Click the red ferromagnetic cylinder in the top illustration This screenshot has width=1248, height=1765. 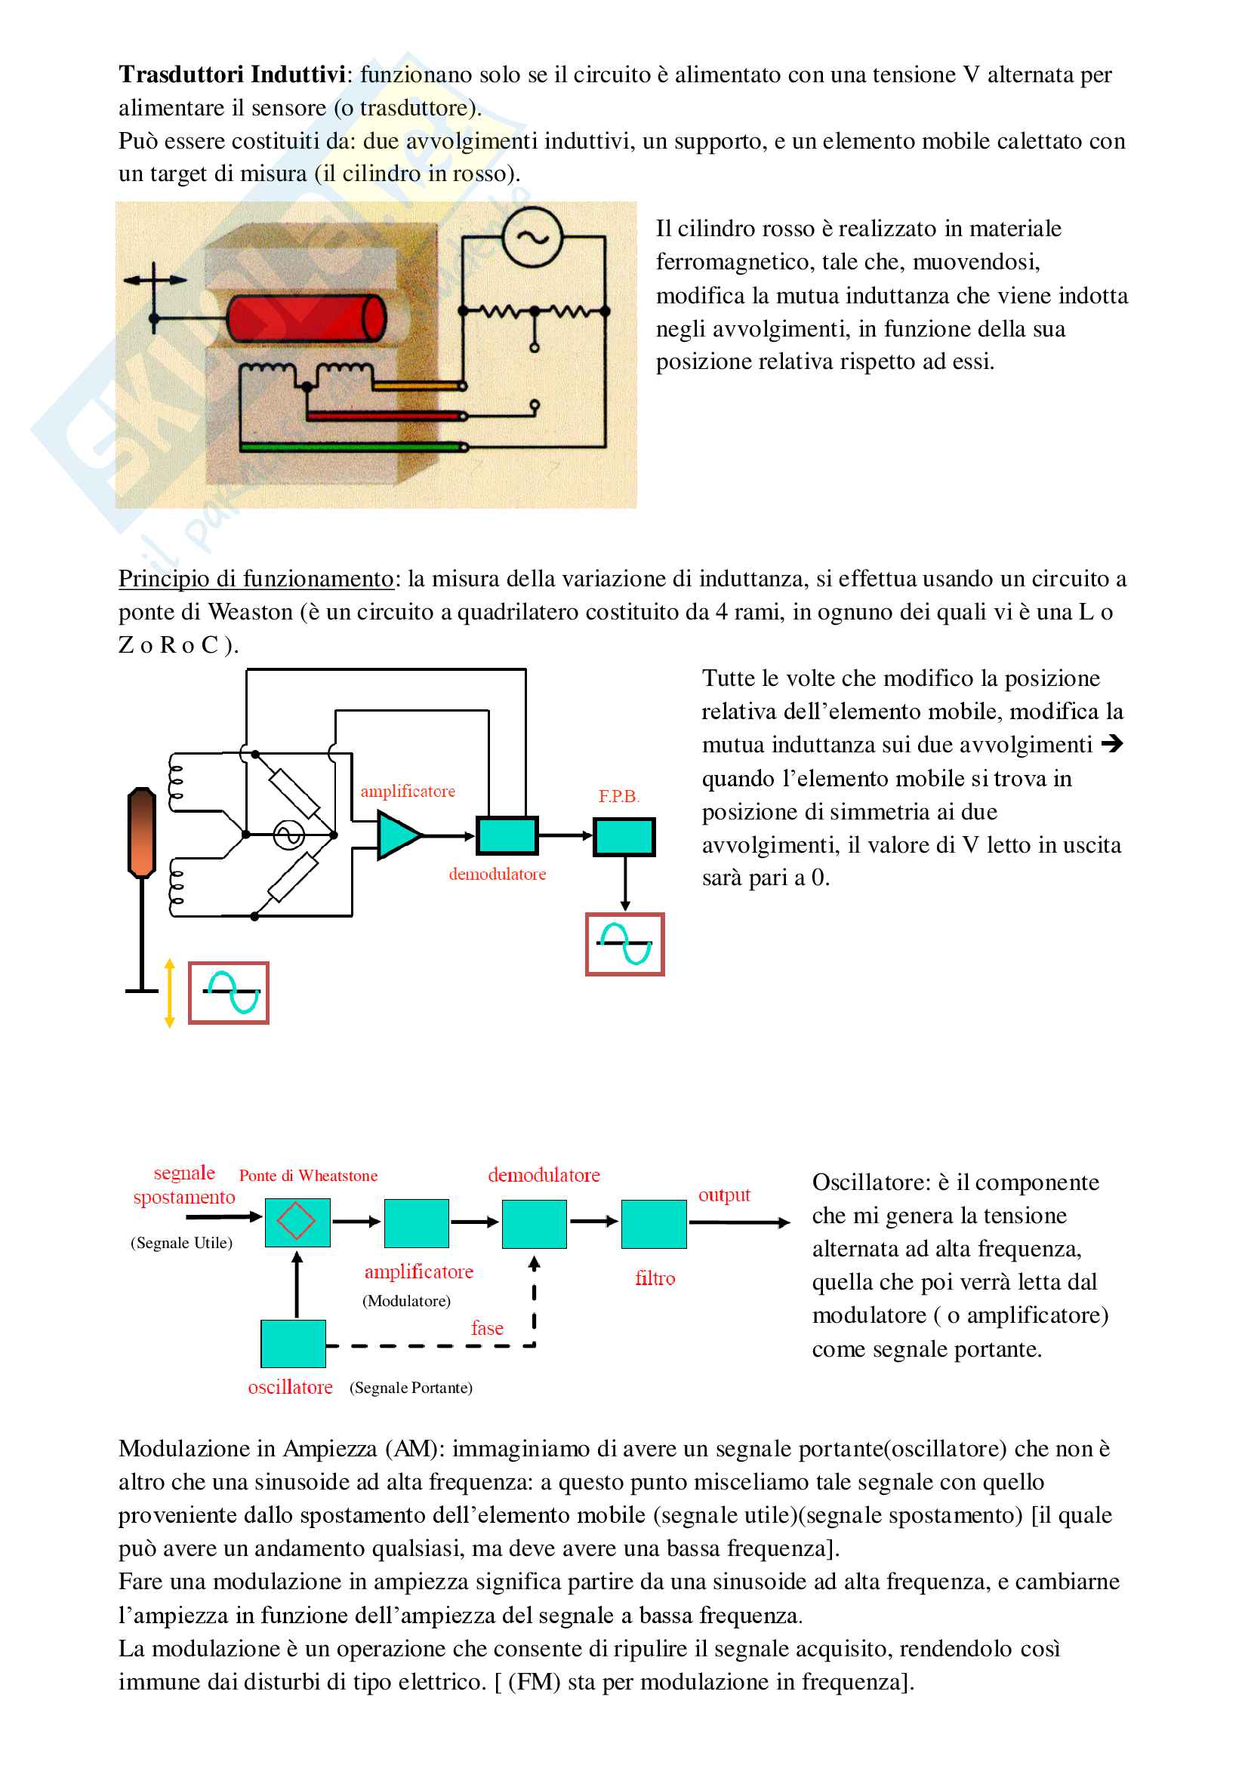point(306,317)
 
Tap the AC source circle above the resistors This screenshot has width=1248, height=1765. point(532,238)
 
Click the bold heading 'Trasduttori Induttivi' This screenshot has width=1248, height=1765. point(232,75)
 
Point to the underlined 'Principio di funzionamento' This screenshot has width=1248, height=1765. point(255,579)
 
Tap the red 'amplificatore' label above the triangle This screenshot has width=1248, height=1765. point(408,791)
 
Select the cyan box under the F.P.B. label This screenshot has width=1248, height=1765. point(624,837)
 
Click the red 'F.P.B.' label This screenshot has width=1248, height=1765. point(618,796)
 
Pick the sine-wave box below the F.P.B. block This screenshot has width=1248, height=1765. point(624,944)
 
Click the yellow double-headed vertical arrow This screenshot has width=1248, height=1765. point(170,992)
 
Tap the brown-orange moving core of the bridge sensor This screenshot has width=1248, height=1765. point(141,832)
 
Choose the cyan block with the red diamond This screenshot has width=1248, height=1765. point(297,1222)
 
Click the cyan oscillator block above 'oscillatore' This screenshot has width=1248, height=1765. point(293,1344)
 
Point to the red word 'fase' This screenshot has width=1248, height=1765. point(487,1328)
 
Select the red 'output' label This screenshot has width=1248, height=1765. point(723,1195)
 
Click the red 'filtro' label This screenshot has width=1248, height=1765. point(655,1278)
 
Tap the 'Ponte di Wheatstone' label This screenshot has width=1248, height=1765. point(307,1176)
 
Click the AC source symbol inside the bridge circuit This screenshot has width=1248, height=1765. point(289,835)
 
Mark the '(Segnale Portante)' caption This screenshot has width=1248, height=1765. point(411,1388)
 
